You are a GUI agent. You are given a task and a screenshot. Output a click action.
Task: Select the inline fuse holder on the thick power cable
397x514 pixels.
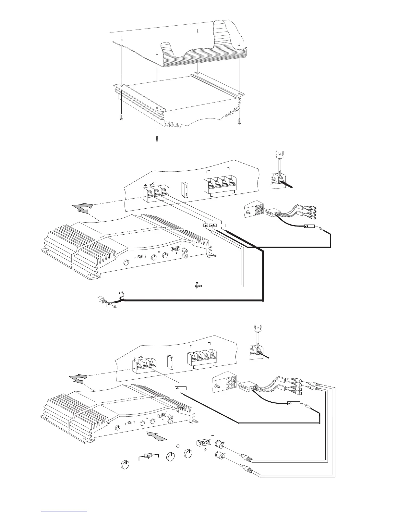point(122,295)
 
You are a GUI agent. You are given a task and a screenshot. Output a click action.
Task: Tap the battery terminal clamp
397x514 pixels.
point(104,303)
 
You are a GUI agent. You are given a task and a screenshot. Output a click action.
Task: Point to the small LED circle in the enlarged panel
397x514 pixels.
point(178,446)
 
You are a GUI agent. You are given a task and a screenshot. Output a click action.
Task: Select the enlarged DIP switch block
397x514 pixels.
point(205,443)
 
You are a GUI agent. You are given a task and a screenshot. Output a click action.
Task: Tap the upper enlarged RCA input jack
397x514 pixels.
point(220,444)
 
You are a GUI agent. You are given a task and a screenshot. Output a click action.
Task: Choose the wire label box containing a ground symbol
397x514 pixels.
point(206,225)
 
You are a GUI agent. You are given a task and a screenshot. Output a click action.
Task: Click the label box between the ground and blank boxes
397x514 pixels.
point(213,225)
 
